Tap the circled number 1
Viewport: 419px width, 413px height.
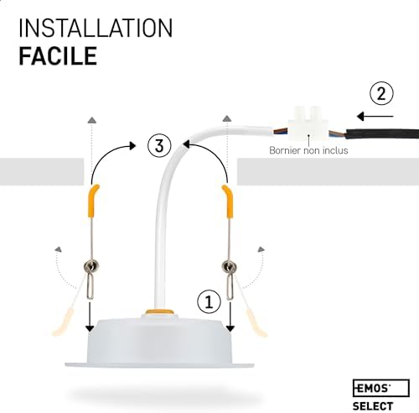point(209,299)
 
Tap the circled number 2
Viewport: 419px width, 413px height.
point(381,93)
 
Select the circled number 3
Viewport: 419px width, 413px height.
point(158,145)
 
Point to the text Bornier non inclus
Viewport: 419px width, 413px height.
point(307,151)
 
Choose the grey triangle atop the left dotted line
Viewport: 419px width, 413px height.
point(90,123)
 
